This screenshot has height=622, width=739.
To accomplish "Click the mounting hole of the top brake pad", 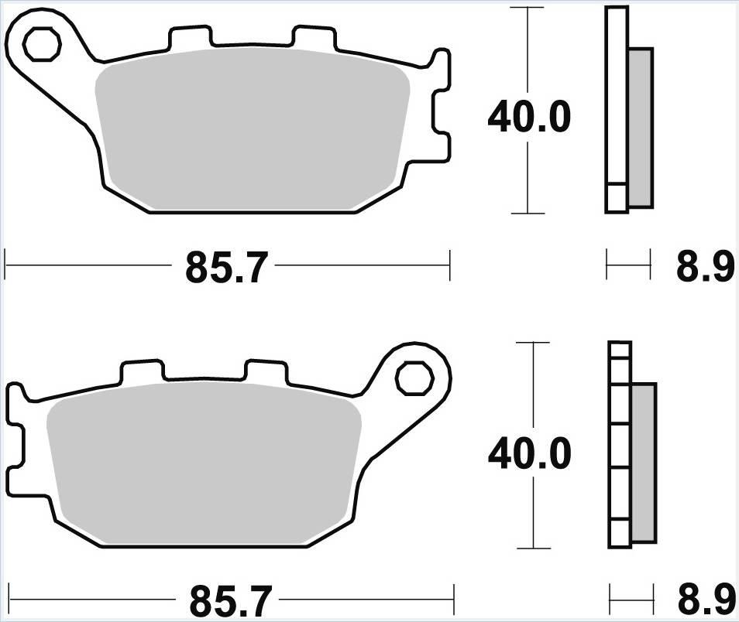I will tap(43, 46).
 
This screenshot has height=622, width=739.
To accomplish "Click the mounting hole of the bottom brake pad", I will tap(413, 379).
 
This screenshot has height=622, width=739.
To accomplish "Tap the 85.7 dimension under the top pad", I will tap(226, 268).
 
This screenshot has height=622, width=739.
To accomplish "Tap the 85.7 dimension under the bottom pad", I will tap(229, 600).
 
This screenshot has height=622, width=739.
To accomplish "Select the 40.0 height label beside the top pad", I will tap(528, 118).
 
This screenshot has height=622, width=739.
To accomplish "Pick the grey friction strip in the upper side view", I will tap(640, 128).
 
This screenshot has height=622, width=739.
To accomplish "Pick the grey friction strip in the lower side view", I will tap(644, 462).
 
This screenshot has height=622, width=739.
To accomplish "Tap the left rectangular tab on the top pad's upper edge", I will tap(189, 38).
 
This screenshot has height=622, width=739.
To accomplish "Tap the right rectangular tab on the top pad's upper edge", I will tap(311, 39).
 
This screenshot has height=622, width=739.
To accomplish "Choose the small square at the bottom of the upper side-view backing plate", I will tap(617, 197).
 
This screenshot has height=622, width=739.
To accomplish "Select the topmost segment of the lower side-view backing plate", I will tap(620, 351).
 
